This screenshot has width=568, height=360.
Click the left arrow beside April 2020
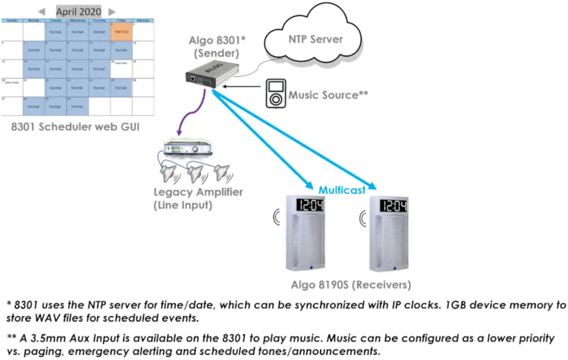click(x=42, y=12)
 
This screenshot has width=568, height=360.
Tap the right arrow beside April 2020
click(x=111, y=12)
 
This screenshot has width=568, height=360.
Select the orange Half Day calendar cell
click(x=121, y=32)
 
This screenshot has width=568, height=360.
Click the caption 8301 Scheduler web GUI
click(x=76, y=126)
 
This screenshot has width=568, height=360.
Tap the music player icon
click(x=275, y=94)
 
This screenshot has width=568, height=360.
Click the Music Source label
click(x=328, y=95)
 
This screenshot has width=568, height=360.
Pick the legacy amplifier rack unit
click(x=189, y=149)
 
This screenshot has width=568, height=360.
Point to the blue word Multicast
click(x=342, y=190)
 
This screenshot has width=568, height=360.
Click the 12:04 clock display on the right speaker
click(x=393, y=205)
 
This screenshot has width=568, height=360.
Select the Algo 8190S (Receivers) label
click(x=351, y=285)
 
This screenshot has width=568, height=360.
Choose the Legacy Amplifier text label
click(x=198, y=192)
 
